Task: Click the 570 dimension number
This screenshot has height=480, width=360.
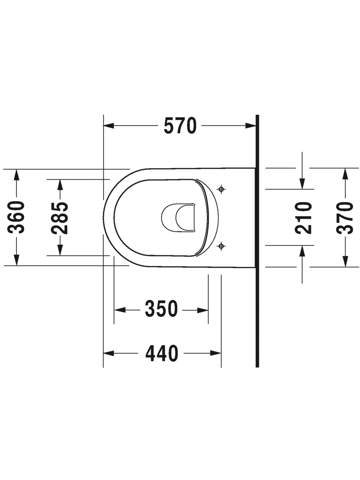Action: [180, 126]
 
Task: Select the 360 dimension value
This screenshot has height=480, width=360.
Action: [16, 217]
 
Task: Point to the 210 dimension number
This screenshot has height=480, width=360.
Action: [303, 217]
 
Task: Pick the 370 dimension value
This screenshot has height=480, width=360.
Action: [345, 217]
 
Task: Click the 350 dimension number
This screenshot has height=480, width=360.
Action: [161, 309]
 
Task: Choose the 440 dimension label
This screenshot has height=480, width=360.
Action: [162, 353]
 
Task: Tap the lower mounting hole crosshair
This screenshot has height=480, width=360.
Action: [221, 245]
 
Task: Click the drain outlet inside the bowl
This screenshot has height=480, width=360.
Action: [178, 217]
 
